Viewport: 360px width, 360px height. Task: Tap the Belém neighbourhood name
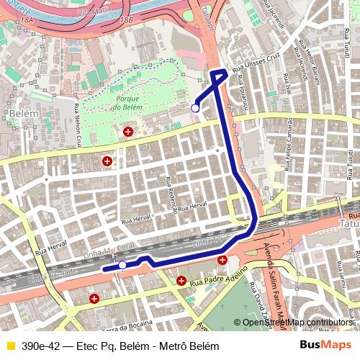pos(19,114)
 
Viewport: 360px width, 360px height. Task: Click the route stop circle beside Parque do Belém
pos(195,108)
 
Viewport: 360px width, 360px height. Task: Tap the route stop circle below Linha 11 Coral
pos(122,266)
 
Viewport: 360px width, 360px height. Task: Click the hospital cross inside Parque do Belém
pos(128,132)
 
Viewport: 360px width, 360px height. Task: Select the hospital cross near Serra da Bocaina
pos(94,298)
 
